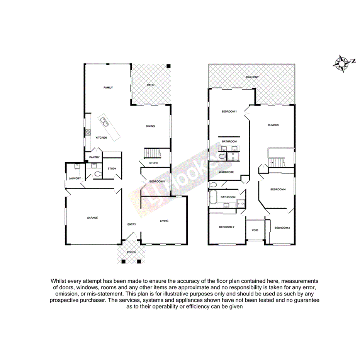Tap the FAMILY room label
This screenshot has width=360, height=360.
coord(108,88)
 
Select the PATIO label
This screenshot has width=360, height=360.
coord(150,85)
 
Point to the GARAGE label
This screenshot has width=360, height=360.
coord(92,217)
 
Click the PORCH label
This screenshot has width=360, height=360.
coord(132,252)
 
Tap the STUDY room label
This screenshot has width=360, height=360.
coord(112,168)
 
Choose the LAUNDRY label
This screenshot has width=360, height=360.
coord(75,178)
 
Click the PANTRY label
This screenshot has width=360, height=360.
coord(94,157)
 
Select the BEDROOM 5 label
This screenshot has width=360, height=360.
coord(157,182)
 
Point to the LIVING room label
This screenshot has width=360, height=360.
coord(165,221)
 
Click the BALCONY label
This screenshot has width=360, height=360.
coord(253,77)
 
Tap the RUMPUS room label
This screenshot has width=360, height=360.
coord(273,125)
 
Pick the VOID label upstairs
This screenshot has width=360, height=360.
coord(255,230)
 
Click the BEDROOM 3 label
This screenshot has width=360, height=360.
coord(282,228)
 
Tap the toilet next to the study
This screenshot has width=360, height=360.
coord(97,175)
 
